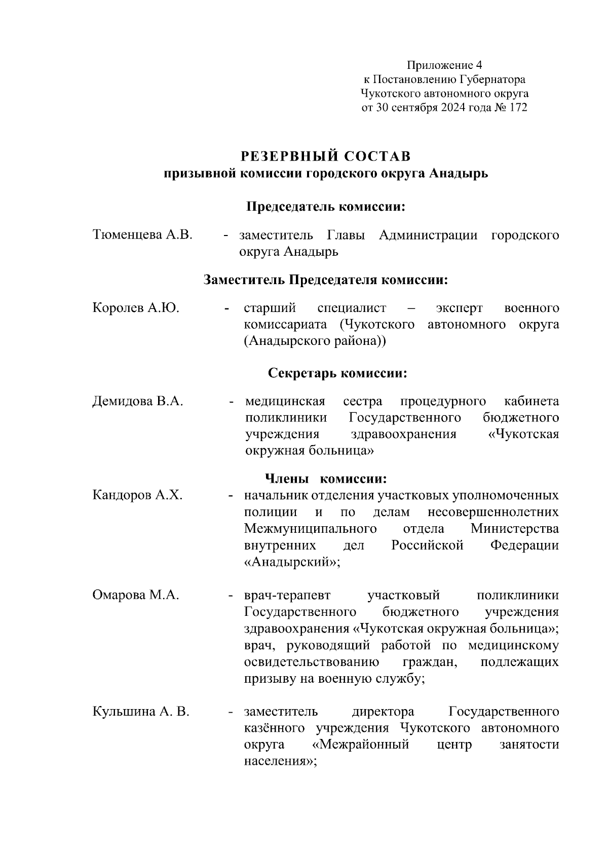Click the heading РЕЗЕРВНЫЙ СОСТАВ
coord(325,155)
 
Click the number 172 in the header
coord(516,107)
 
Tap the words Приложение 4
coord(444,65)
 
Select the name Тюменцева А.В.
coord(142,235)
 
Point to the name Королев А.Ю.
coord(136,308)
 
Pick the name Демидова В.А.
coord(138,402)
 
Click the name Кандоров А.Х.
coord(137,495)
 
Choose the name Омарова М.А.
coord(136,595)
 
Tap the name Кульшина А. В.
coord(141,712)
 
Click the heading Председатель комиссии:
coord(327,207)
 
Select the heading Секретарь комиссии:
coord(337,373)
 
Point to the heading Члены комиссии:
coord(326,479)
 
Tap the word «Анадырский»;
coord(292,562)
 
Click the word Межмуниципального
coord(310,529)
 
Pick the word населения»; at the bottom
coord(280,761)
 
